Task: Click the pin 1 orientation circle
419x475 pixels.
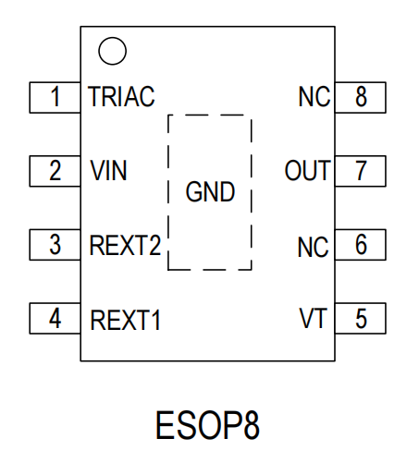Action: [112, 38]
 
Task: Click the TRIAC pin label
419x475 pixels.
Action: [121, 97]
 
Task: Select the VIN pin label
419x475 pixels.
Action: [108, 170]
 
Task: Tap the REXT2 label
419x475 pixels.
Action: [125, 245]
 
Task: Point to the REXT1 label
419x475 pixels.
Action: [125, 320]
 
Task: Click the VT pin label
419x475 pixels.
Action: [313, 318]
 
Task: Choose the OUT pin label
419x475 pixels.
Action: [307, 170]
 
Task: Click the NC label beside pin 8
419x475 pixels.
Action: [314, 97]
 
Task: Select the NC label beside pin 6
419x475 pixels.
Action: [313, 247]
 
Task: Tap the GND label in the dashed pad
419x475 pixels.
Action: [210, 191]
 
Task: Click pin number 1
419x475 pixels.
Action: [55, 96]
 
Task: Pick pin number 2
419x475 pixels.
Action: [55, 170]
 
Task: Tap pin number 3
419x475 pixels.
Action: [55, 245]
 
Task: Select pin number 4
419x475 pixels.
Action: [55, 319]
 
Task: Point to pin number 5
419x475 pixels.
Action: [361, 319]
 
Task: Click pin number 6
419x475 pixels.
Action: [361, 244]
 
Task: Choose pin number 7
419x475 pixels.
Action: [361, 170]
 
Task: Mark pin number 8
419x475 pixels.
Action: [361, 96]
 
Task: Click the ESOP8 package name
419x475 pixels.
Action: [207, 425]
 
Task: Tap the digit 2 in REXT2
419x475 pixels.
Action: [154, 245]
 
